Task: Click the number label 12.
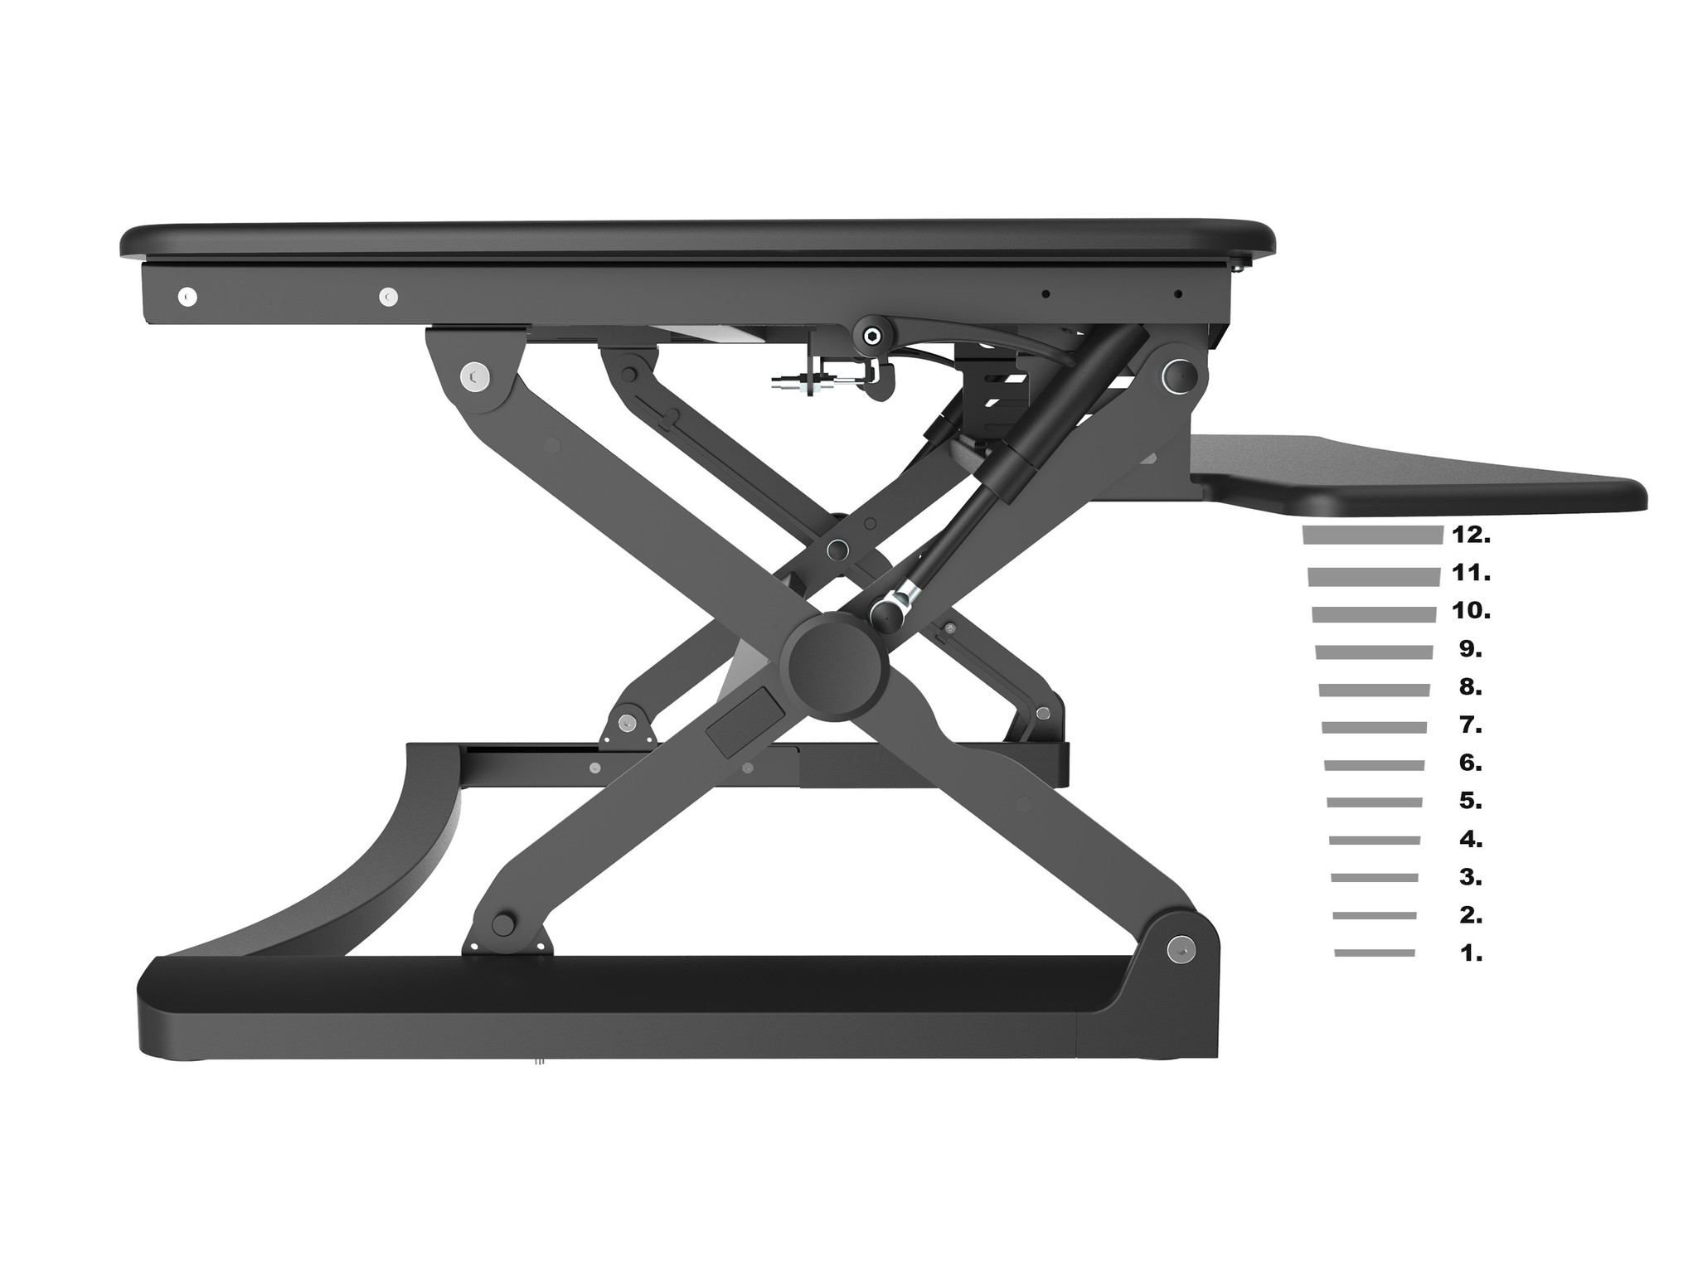(1471, 536)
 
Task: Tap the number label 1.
(1471, 953)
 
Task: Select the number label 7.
(1471, 725)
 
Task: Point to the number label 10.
(1471, 612)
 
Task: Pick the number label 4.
(1471, 840)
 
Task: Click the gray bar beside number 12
(1373, 536)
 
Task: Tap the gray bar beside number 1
(1375, 953)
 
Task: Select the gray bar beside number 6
(1375, 765)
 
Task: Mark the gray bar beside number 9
(1374, 652)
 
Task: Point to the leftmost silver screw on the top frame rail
(188, 296)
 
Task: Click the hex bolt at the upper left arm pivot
(475, 377)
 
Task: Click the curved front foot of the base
(373, 879)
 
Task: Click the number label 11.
(1471, 573)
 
